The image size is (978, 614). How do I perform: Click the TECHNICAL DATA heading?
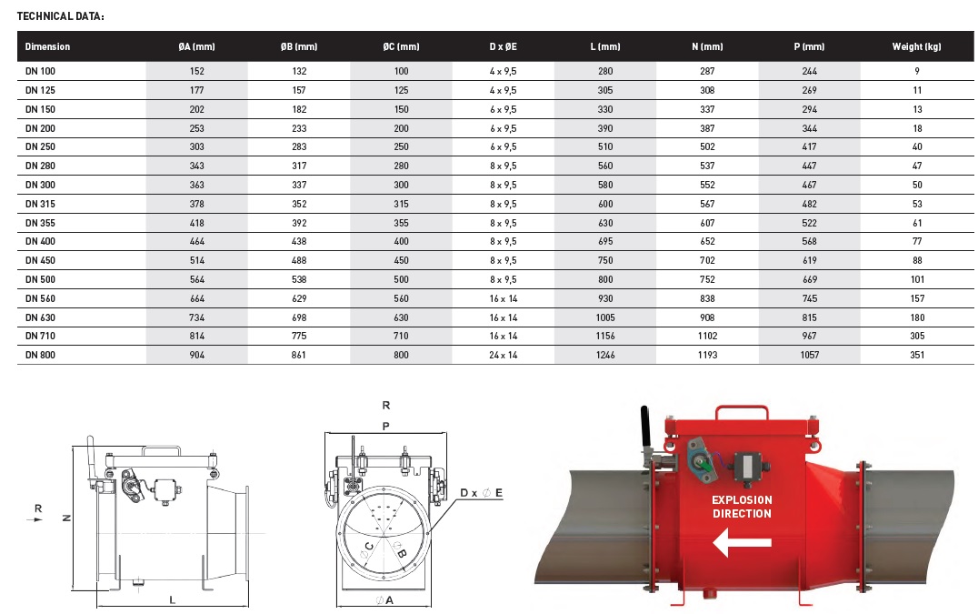[x=61, y=16]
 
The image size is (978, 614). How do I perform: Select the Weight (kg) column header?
[x=916, y=46]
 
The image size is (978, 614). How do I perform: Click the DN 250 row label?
[x=40, y=146]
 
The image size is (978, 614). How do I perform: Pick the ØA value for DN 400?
[x=196, y=241]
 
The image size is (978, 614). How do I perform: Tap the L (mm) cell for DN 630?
[x=605, y=317]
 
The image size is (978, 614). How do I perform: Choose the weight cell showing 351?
[x=917, y=355]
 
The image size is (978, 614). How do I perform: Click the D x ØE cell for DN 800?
[x=503, y=355]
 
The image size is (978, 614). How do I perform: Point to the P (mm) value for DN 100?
[x=809, y=71]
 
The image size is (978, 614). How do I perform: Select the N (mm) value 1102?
[x=707, y=336]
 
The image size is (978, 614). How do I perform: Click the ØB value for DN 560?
[x=299, y=298]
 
